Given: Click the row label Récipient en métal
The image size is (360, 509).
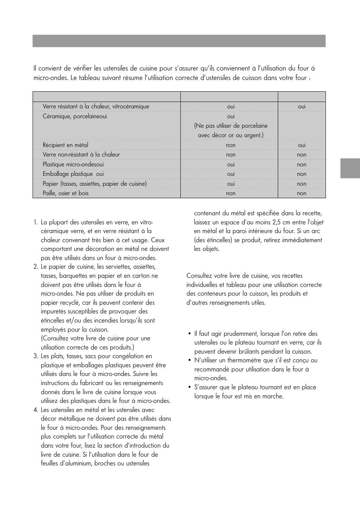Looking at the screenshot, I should (x=65, y=145).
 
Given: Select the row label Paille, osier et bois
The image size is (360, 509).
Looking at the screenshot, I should (x=66, y=193).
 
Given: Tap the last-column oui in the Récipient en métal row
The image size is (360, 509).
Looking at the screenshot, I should (x=302, y=145).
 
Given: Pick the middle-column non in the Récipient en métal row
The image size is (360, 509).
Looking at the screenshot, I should (x=231, y=145).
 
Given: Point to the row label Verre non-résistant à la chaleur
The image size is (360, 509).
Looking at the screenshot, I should (x=81, y=155).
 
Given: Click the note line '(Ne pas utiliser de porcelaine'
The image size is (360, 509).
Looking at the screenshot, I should (x=231, y=126).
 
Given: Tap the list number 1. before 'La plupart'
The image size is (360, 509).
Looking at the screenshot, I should (x=36, y=222).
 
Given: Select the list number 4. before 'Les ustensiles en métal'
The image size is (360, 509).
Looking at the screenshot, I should (x=36, y=410).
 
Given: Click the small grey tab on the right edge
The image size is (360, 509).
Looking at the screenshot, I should (x=350, y=168).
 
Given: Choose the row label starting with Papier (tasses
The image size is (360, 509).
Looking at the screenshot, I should (x=94, y=184).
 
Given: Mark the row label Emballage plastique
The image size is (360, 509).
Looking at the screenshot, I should (x=68, y=174).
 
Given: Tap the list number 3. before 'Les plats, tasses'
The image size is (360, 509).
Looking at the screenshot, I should (x=36, y=356).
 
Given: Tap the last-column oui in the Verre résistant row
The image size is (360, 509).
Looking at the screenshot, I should (x=302, y=106).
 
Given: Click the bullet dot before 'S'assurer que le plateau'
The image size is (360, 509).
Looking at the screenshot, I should (x=189, y=387).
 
